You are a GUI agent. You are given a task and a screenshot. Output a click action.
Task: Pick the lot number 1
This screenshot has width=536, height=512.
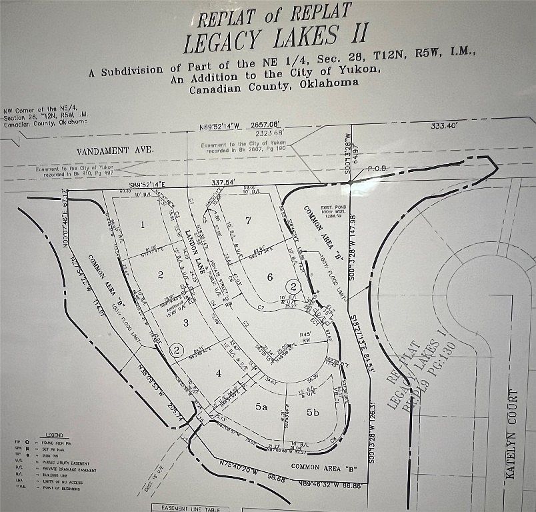tap(142, 225)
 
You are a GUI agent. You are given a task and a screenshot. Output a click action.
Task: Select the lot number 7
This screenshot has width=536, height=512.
tap(247, 221)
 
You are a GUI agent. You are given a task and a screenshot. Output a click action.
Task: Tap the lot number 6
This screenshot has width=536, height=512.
tap(270, 277)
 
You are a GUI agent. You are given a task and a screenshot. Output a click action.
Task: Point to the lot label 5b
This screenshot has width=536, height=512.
tap(313, 413)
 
